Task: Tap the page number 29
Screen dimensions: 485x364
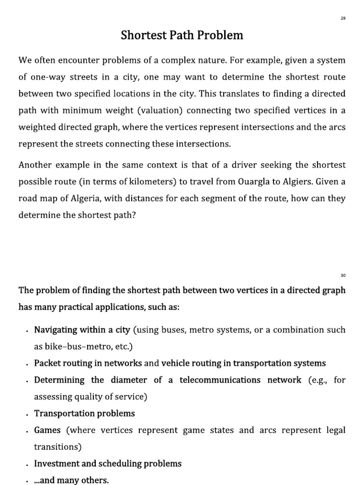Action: pos(343,18)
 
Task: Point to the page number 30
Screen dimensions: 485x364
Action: pos(343,275)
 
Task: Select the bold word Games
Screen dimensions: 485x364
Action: pos(47,430)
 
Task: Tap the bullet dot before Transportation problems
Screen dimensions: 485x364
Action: pos(28,414)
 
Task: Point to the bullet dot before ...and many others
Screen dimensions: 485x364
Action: pos(28,481)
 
